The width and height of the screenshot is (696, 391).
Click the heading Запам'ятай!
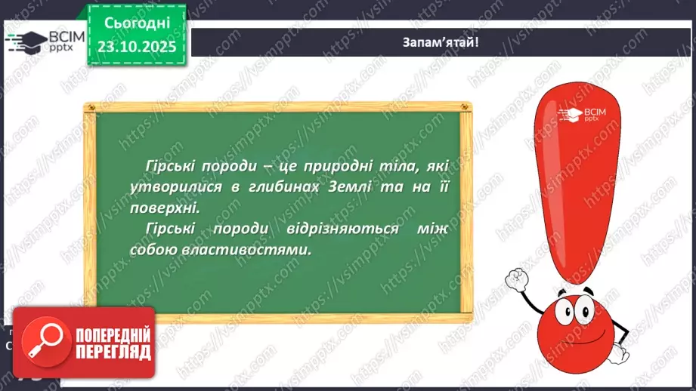pyautogui.click(x=441, y=42)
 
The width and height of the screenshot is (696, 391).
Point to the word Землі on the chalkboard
pyautogui.click(x=347, y=187)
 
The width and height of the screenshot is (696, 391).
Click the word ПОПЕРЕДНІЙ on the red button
pyautogui.click(x=112, y=334)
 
